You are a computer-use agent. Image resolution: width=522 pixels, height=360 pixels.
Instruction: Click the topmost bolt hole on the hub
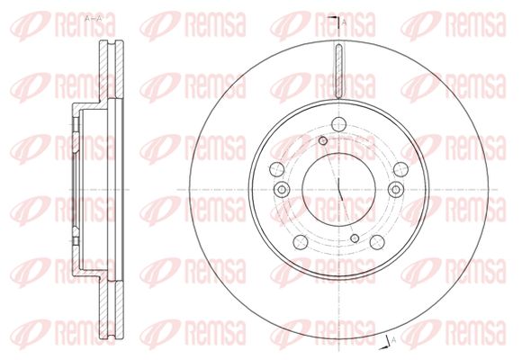tap(338, 124)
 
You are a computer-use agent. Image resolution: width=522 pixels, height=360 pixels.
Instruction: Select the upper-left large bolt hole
tap(276, 169)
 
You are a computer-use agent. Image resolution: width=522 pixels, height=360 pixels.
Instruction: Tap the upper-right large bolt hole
tap(400, 169)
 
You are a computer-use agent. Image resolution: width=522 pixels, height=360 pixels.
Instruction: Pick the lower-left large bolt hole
tap(301, 242)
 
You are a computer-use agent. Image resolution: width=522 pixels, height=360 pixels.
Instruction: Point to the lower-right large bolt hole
tap(377, 242)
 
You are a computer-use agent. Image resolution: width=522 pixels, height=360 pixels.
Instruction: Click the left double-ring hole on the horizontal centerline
tap(282, 190)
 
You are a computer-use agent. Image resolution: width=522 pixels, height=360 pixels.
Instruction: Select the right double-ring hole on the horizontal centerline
tap(396, 190)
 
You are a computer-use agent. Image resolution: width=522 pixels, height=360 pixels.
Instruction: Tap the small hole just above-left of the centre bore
tap(323, 141)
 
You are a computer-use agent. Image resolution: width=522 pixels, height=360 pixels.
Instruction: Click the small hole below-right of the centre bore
tap(355, 238)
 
